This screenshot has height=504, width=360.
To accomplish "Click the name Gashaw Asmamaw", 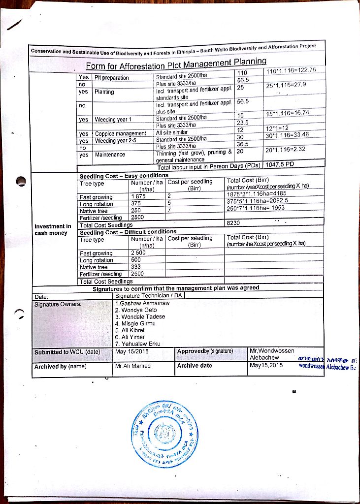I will point(142,303).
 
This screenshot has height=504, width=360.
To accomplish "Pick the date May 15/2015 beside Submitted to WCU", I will point(131,351).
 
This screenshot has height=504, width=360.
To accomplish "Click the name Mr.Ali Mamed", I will point(132,366).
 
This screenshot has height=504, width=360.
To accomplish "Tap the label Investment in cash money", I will point(52,229).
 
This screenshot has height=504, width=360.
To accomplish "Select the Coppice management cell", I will point(120,133).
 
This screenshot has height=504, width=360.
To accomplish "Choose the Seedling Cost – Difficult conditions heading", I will point(128,232).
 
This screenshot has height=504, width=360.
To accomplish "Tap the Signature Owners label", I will point(54,304).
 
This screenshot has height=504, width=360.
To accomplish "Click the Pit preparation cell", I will point(112,78).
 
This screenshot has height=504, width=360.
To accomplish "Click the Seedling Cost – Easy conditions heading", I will point(124,176).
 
